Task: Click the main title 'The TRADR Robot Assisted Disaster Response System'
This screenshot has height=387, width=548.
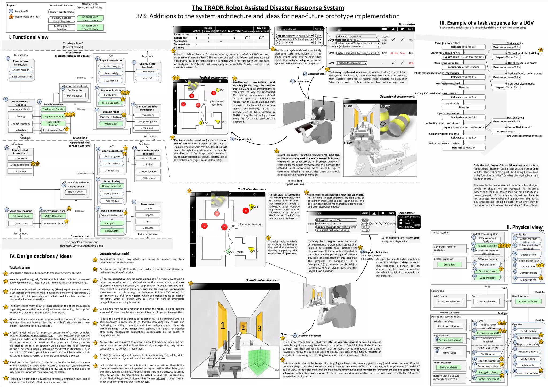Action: coord(268,8)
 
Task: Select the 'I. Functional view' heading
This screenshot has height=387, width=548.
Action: coord(28,37)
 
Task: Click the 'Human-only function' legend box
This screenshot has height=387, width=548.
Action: coord(62,12)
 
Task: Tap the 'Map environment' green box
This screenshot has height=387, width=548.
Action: coord(54,116)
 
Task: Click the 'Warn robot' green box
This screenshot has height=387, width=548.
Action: coord(111,124)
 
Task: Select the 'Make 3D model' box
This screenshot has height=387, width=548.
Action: coord(53,216)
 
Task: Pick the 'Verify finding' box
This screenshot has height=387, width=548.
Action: coord(112,194)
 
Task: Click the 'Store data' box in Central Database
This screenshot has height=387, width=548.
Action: coord(449,265)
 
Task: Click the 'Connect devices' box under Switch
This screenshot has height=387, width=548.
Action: coord(486,301)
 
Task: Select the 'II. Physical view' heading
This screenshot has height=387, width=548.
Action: coord(524,227)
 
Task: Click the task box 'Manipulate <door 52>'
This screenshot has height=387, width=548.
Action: coord(463,117)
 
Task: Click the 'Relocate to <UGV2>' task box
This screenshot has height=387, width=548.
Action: coord(463,148)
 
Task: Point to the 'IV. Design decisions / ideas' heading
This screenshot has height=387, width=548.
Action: coord(41,256)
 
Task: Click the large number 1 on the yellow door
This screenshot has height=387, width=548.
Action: coord(223,325)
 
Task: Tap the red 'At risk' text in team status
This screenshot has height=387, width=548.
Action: coord(394,53)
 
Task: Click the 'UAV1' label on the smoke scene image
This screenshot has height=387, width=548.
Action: coord(348,143)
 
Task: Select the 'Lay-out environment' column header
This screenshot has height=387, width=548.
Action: coord(261,29)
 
